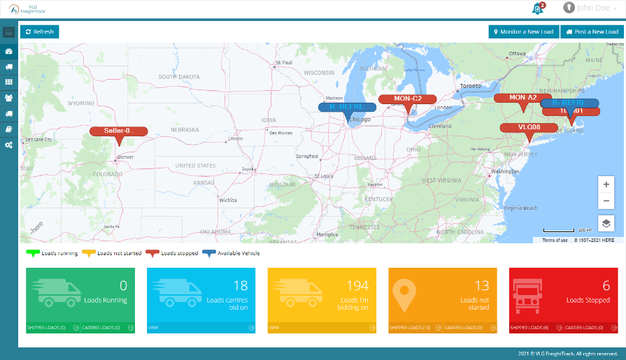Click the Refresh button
click(x=40, y=31)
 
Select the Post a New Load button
click(x=591, y=31)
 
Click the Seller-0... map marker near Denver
click(x=118, y=131)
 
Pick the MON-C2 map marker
click(x=407, y=99)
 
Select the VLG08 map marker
click(x=529, y=127)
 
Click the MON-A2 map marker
click(x=522, y=98)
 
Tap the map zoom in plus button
click(x=606, y=184)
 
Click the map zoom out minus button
click(x=606, y=201)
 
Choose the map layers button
click(x=606, y=224)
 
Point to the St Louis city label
click(x=322, y=176)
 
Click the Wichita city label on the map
click(x=228, y=199)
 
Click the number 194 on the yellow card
click(x=357, y=285)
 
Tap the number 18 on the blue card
click(x=241, y=285)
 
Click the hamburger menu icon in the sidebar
click(x=8, y=32)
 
